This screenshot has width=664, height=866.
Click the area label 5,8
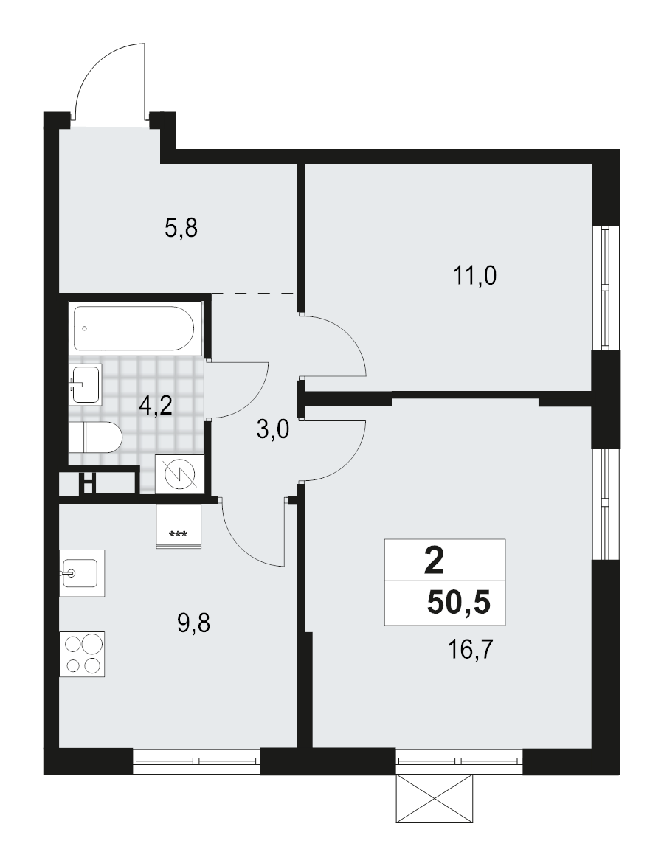pyautogui.click(x=181, y=229)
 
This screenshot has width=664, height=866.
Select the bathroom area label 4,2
pyautogui.click(x=156, y=405)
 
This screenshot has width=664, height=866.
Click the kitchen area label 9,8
pyautogui.click(x=194, y=625)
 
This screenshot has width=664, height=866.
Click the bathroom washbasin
pyautogui.click(x=86, y=384)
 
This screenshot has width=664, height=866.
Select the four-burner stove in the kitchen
pyautogui.click(x=83, y=654)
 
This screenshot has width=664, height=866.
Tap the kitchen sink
pyautogui.click(x=82, y=573)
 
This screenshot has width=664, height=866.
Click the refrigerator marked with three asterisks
pyautogui.click(x=179, y=526)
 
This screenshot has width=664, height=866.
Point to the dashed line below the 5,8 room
pyautogui.click(x=255, y=293)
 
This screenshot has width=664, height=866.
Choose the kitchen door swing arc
pyautogui.click(x=251, y=535)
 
